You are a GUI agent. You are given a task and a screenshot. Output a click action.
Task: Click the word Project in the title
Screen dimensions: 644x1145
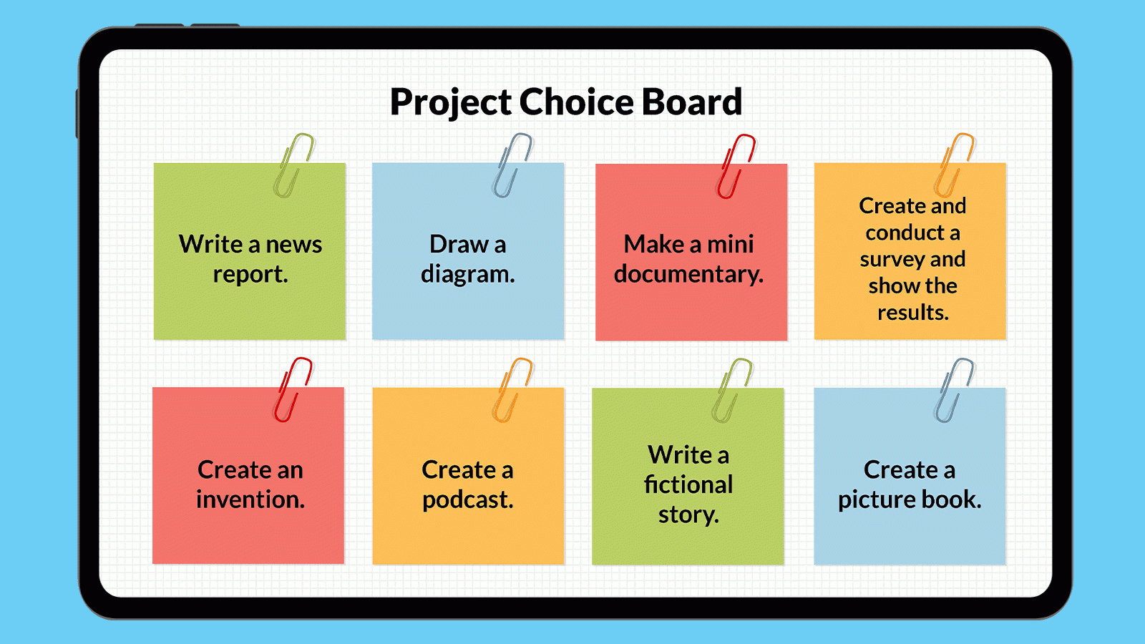point(451,102)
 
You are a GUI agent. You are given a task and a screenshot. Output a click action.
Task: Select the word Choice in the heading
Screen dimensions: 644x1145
point(576,102)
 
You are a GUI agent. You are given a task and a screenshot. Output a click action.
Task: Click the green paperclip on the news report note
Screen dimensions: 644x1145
point(293,165)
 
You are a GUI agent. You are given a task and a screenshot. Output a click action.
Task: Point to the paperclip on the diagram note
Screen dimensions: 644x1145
point(512,165)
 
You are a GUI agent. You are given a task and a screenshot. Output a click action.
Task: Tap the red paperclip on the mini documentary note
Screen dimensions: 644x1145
point(736,166)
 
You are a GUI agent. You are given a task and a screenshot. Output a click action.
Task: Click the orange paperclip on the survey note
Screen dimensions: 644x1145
point(955,165)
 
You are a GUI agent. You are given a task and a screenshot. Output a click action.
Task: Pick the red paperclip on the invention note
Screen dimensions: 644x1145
point(293,390)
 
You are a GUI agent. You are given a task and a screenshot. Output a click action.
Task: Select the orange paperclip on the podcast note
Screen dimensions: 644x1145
point(512,390)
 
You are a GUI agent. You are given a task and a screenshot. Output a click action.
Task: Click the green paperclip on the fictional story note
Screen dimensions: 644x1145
point(731,391)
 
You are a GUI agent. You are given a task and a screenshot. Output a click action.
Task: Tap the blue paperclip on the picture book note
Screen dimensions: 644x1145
point(954,391)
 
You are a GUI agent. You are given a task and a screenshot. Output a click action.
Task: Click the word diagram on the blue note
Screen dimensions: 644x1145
point(467,275)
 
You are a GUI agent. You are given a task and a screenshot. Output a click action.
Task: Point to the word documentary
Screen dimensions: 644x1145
point(688,275)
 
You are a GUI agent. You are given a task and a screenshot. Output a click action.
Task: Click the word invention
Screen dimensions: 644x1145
point(250,499)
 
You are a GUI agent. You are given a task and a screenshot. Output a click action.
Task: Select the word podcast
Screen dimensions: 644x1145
point(467,500)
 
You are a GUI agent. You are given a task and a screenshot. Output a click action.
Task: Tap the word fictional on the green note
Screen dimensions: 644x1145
point(688,484)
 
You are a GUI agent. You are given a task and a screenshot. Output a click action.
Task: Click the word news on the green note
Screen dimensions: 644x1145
point(294,245)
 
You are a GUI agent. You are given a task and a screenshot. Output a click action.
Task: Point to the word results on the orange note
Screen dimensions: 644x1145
point(912,313)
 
